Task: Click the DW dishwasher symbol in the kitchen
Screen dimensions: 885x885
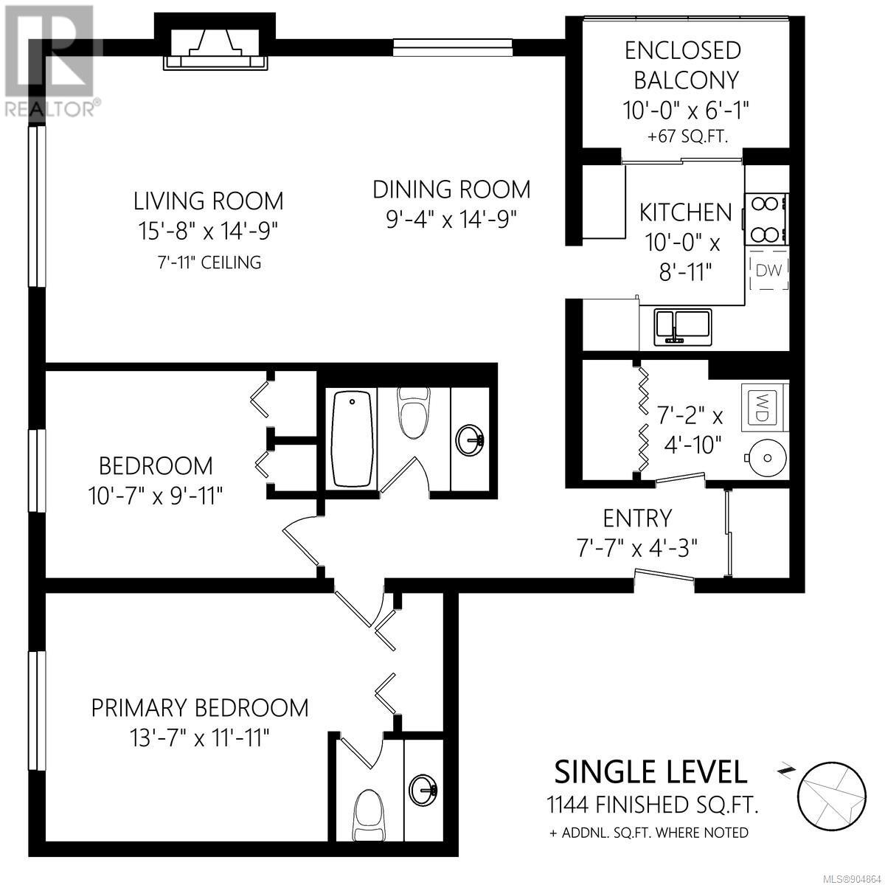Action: coord(768,270)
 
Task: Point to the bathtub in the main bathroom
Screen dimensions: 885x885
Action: coord(352,439)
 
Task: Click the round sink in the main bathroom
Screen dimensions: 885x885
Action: coord(470,440)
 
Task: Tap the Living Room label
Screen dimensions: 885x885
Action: coord(208,201)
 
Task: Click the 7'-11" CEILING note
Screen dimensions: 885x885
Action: coord(209,263)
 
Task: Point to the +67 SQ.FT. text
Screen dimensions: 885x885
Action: coord(687,137)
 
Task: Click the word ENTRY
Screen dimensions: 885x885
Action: coord(637,518)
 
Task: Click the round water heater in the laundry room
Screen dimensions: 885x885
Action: coord(766,457)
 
